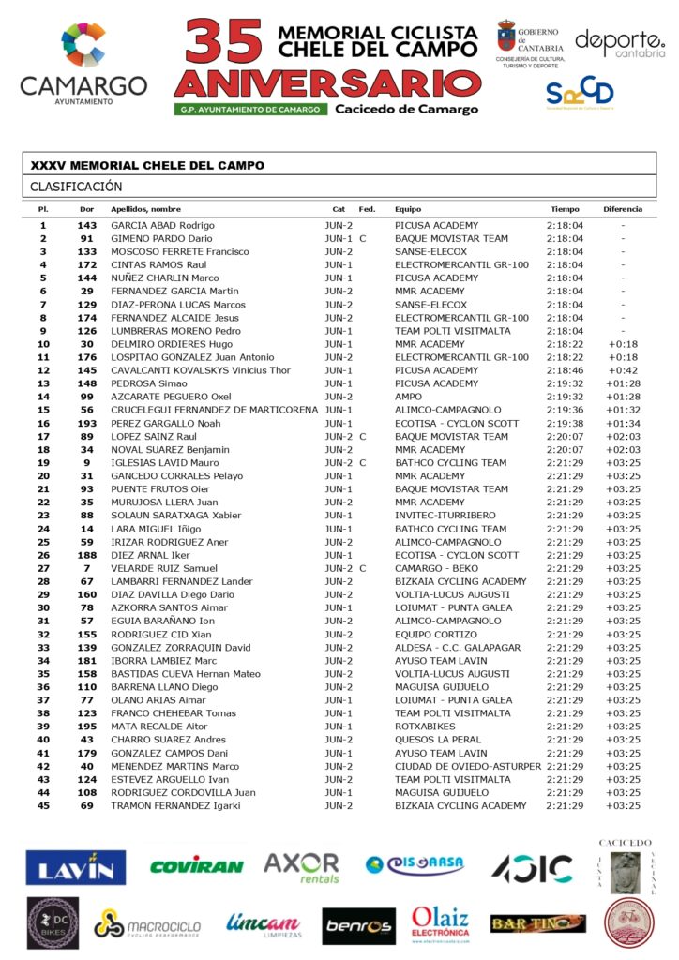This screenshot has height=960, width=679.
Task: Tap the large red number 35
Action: coord(223,42)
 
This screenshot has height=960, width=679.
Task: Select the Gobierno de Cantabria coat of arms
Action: coord(506,37)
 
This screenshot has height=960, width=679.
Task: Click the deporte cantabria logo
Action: coord(619,43)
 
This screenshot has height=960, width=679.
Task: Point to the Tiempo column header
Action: coord(565,209)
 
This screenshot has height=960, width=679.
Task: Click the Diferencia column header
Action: coord(623,209)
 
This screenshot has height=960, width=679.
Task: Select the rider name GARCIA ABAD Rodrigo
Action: coord(163,226)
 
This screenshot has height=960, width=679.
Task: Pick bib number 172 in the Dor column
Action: coord(87,265)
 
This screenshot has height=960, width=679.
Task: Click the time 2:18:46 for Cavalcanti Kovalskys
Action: coord(565,370)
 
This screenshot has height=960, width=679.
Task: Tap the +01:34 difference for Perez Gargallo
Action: coord(623,423)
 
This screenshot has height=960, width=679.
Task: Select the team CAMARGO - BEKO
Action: coord(437,568)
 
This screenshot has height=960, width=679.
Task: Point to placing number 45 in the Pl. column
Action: coord(43,805)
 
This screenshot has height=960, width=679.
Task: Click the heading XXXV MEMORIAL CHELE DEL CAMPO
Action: coord(147,166)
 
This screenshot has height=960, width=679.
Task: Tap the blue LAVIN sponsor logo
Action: coord(76,867)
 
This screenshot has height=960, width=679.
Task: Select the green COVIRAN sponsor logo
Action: coord(196,866)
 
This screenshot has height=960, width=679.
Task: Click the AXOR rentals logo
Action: coord(301,867)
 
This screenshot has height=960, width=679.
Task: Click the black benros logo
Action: coord(359,925)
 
